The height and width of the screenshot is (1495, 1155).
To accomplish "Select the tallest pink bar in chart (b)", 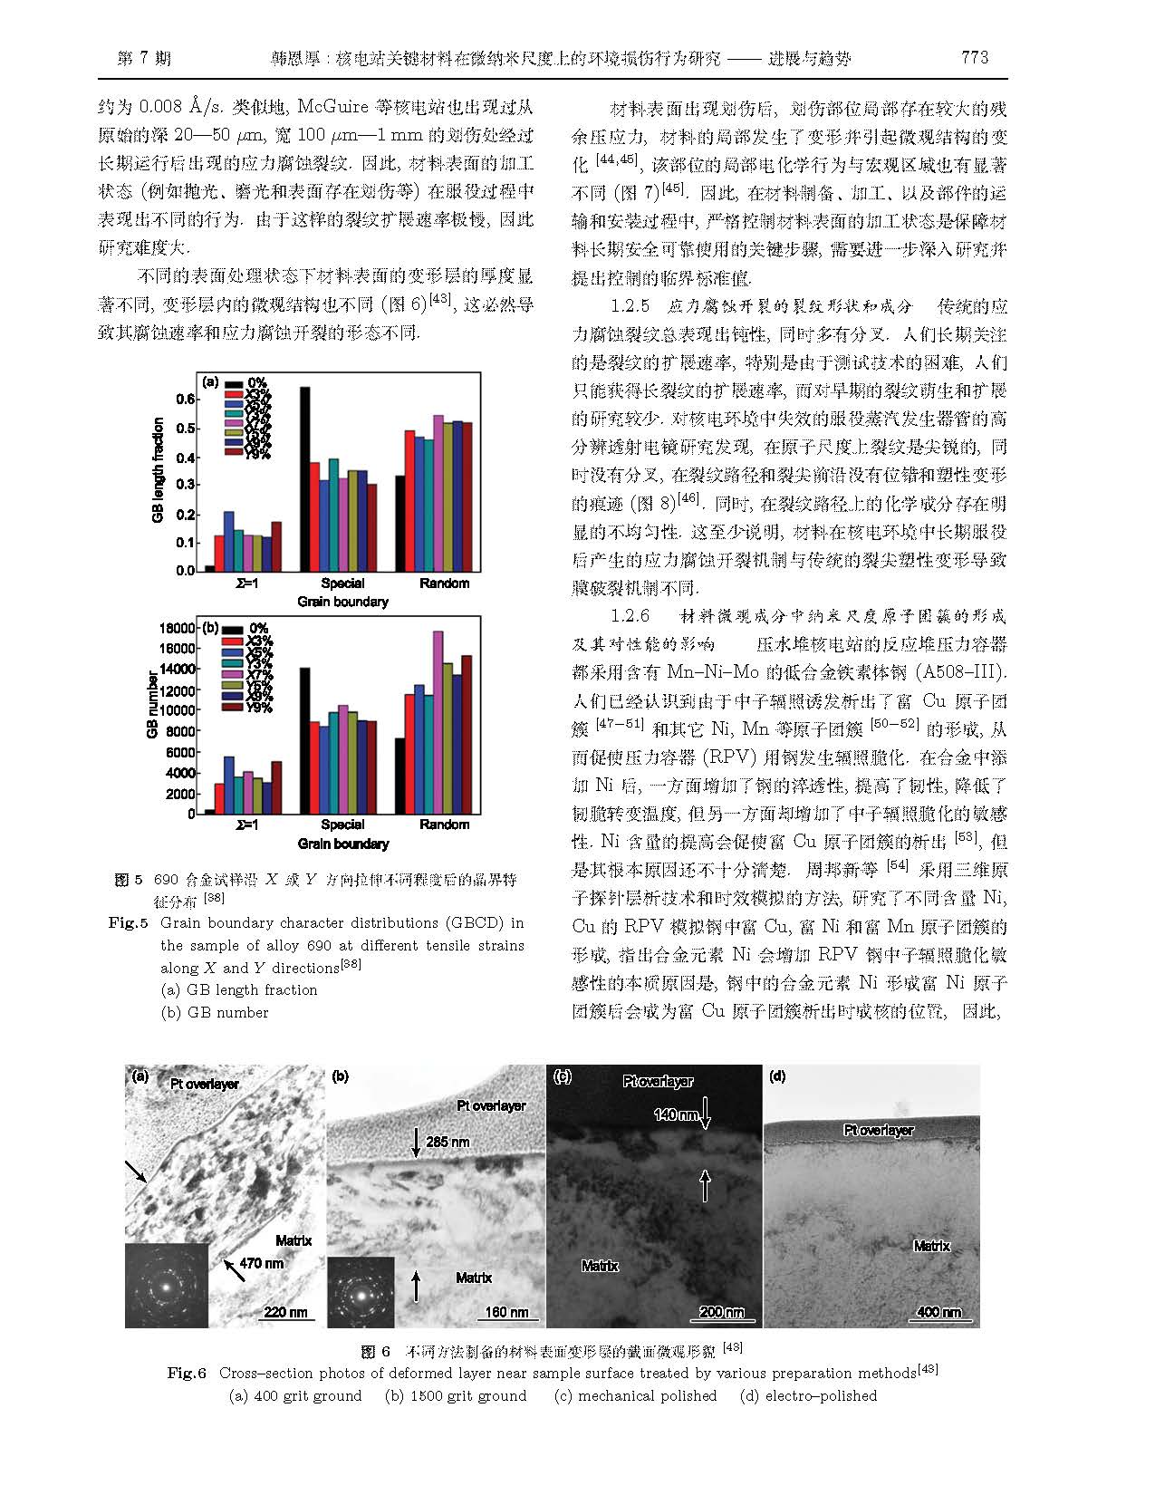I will [x=438, y=722].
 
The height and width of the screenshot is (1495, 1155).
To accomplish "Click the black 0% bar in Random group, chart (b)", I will [x=399, y=776].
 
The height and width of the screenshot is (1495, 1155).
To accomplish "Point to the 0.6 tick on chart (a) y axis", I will [x=185, y=399].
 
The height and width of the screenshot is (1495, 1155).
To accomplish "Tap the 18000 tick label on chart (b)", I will [x=177, y=628].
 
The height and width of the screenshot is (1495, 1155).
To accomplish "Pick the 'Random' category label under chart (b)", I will [x=444, y=825].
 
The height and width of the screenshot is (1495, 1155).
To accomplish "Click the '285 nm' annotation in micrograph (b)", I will [x=448, y=1142].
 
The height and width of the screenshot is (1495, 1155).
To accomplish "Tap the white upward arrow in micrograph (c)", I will [x=706, y=1184].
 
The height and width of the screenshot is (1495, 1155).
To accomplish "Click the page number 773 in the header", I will [x=973, y=58].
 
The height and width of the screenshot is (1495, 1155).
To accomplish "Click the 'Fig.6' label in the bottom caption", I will [x=188, y=1374].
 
